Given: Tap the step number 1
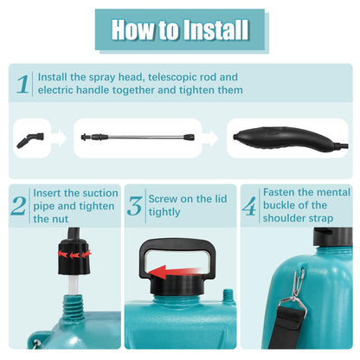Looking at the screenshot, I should pyautogui.click(x=23, y=83).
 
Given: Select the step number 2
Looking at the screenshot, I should pyautogui.click(x=18, y=205).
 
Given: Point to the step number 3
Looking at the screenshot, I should pyautogui.click(x=134, y=205).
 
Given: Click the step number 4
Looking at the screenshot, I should pyautogui.click(x=248, y=207).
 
